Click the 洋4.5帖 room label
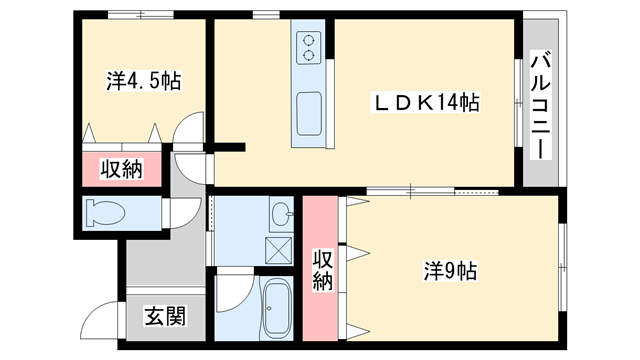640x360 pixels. coord(143,82)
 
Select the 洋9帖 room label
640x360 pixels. coord(449,270)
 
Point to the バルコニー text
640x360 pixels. coord(538,104)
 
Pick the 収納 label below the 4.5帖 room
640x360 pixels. coord(120,169)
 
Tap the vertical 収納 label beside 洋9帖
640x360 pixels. coord(322,269)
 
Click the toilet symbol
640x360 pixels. coord(106,213)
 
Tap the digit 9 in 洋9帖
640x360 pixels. coord(449,270)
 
